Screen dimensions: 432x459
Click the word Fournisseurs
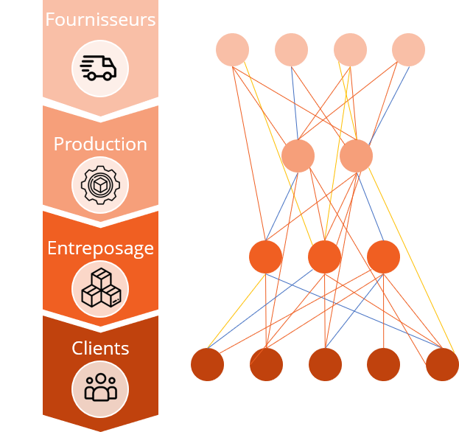[100, 19]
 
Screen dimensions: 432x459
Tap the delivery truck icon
[99, 68]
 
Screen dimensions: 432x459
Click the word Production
[100, 144]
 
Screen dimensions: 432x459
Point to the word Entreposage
[100, 248]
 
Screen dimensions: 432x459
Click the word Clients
[100, 348]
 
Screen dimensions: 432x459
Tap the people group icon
[99, 388]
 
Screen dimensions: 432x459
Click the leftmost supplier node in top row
[232, 49]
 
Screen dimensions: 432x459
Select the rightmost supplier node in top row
[408, 49]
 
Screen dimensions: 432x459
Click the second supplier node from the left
[291, 49]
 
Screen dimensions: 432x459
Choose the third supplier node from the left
[350, 49]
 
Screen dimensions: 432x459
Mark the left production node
[298, 156]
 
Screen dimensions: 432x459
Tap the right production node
[357, 156]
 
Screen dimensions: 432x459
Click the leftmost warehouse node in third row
[265, 257]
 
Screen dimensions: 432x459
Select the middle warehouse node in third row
[324, 257]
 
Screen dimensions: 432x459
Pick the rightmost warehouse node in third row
[383, 257]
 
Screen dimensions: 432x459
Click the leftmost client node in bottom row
[207, 365]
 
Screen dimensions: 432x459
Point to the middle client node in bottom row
[325, 365]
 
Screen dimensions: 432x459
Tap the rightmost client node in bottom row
[442, 365]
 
